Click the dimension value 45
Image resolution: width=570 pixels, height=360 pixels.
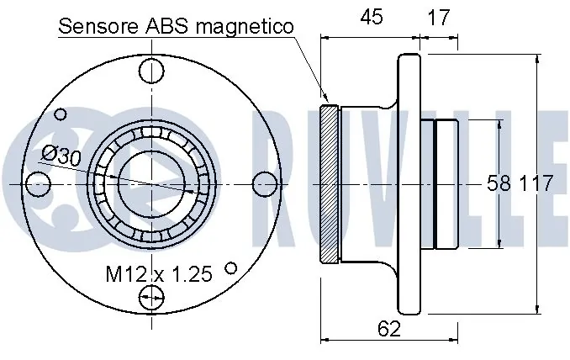pyautogui.click(x=372, y=17)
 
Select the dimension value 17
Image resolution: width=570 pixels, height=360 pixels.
pyautogui.click(x=439, y=17)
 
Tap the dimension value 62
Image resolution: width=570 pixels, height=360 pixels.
pyautogui.click(x=389, y=328)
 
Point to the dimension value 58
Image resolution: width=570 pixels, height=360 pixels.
pyautogui.click(x=499, y=183)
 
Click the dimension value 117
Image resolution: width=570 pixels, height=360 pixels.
pyautogui.click(x=535, y=183)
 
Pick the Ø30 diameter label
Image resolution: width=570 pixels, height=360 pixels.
pyautogui.click(x=61, y=156)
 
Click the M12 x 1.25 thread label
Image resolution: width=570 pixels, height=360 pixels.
pyautogui.click(x=159, y=273)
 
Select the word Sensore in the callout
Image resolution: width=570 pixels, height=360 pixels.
pyautogui.click(x=98, y=26)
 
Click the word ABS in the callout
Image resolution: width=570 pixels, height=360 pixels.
pyautogui.click(x=166, y=26)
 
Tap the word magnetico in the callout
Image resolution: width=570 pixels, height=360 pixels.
pyautogui.click(x=245, y=27)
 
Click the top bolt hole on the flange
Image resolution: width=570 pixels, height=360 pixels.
pyautogui.click(x=151, y=71)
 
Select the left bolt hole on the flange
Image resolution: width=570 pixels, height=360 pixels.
pyautogui.click(x=39, y=184)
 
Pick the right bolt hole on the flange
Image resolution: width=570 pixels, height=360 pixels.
pyautogui.click(x=265, y=184)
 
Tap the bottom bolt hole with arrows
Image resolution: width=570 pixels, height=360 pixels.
pyautogui.click(x=151, y=298)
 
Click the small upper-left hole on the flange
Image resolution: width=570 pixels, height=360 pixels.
pyautogui.click(x=61, y=114)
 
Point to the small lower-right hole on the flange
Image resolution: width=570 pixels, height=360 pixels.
pyautogui.click(x=231, y=268)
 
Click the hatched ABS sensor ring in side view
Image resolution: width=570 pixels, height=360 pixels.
pyautogui.click(x=329, y=184)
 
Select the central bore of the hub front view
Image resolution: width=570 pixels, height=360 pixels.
pyautogui.click(x=151, y=184)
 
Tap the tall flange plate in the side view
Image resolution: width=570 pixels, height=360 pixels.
pyautogui.click(x=409, y=183)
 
